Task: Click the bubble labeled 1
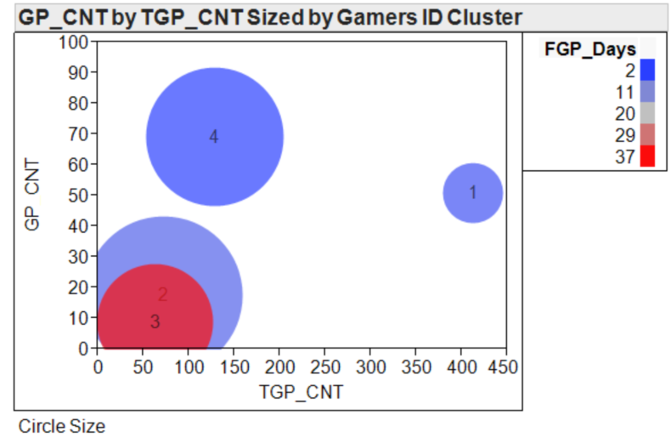point(473,193)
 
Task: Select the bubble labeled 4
point(214,136)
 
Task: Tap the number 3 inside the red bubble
point(155,321)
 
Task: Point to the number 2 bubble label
point(162,295)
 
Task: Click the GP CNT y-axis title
point(33,195)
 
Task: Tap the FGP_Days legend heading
point(589,49)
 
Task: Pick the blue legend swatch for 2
point(647,70)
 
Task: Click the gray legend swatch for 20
point(647,113)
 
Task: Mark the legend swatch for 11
point(647,91)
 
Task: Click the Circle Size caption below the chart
point(62,426)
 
